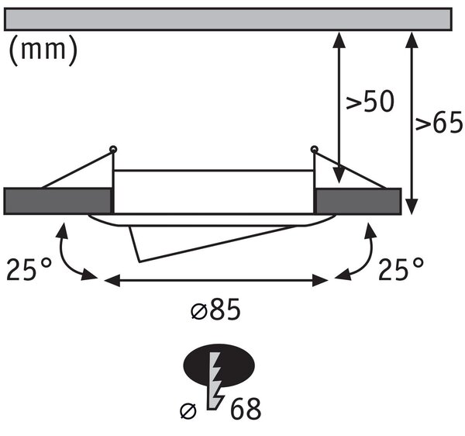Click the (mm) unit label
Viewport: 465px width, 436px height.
click(x=43, y=50)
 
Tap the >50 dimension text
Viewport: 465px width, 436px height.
click(x=370, y=102)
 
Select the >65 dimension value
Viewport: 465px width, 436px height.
click(x=439, y=121)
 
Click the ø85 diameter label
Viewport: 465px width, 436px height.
click(x=215, y=310)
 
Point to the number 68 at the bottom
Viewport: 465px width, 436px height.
click(x=246, y=409)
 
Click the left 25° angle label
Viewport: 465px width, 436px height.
click(x=29, y=269)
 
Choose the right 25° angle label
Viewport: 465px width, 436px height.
click(x=401, y=269)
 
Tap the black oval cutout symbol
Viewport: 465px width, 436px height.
click(x=219, y=365)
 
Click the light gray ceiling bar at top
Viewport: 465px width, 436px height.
click(x=228, y=19)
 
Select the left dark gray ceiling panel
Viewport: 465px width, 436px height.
click(x=57, y=201)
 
